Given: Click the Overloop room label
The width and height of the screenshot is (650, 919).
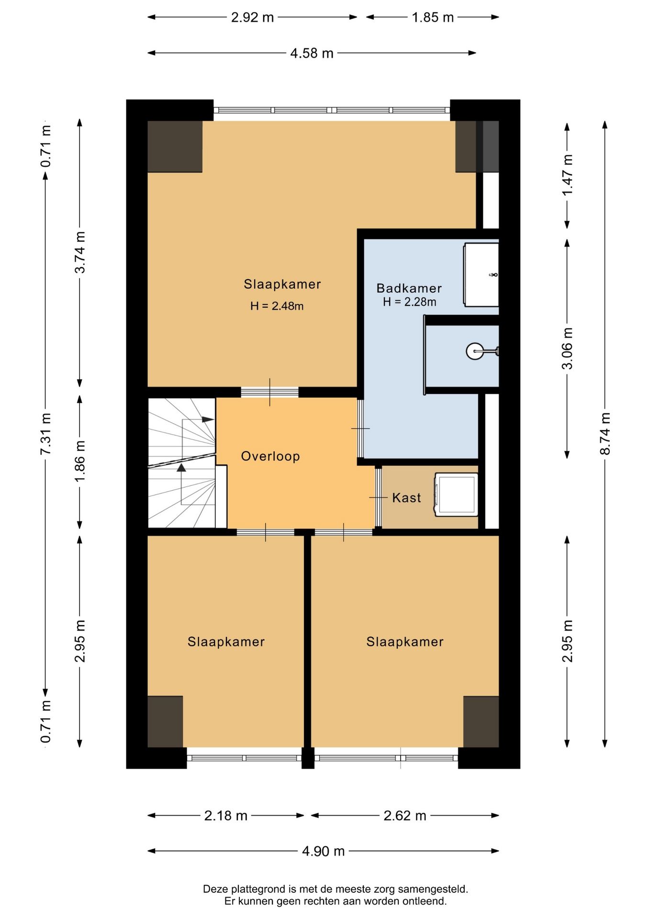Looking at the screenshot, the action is pos(270,456).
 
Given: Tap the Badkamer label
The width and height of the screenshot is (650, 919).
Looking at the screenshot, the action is pos(409,288).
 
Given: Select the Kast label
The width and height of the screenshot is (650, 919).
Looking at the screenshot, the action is pos(406,498).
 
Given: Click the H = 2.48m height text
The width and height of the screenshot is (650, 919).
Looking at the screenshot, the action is pos(277,306).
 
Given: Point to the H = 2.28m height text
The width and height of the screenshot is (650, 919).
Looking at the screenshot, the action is pos(410,302).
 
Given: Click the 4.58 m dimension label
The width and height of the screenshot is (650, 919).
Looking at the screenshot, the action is pos(312,53).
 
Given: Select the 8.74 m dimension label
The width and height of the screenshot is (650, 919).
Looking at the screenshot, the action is pos(605,434).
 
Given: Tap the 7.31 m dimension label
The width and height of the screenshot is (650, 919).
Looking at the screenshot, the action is pos(45,434).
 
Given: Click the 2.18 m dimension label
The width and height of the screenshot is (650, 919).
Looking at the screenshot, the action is pos(226,815).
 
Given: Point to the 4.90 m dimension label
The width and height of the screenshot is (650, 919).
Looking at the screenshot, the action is pos(323,851).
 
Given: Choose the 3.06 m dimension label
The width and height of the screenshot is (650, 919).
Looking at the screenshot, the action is pos(567,348).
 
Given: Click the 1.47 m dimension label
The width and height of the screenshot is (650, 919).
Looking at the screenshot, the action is pos(567,175).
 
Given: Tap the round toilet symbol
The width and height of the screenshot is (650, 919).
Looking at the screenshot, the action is pos(475,351).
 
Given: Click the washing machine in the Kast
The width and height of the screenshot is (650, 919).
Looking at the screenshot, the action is pos(456,495).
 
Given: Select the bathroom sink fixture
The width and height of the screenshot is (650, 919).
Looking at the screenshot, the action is pos(481,275).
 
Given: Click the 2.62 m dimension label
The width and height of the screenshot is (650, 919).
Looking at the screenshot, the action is pos(405,815).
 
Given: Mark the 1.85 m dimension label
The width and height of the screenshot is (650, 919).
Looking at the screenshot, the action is pos(433,17).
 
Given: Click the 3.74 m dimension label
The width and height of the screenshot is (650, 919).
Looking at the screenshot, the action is pos(80,252).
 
